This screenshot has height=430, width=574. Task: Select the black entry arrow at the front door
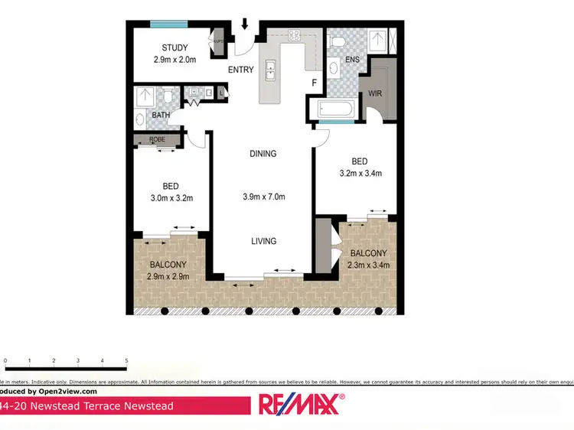246,25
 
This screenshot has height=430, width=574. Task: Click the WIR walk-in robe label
374,93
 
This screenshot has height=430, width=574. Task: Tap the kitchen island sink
270,70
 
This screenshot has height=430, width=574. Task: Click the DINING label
263,154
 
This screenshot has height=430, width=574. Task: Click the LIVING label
263,241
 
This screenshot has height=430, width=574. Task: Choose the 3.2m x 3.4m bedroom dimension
360,174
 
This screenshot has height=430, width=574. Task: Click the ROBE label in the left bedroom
157,139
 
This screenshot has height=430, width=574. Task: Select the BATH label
160,116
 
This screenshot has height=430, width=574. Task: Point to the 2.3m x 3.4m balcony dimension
368,265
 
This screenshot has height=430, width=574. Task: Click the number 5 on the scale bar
126,360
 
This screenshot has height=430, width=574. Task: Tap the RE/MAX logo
302,403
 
